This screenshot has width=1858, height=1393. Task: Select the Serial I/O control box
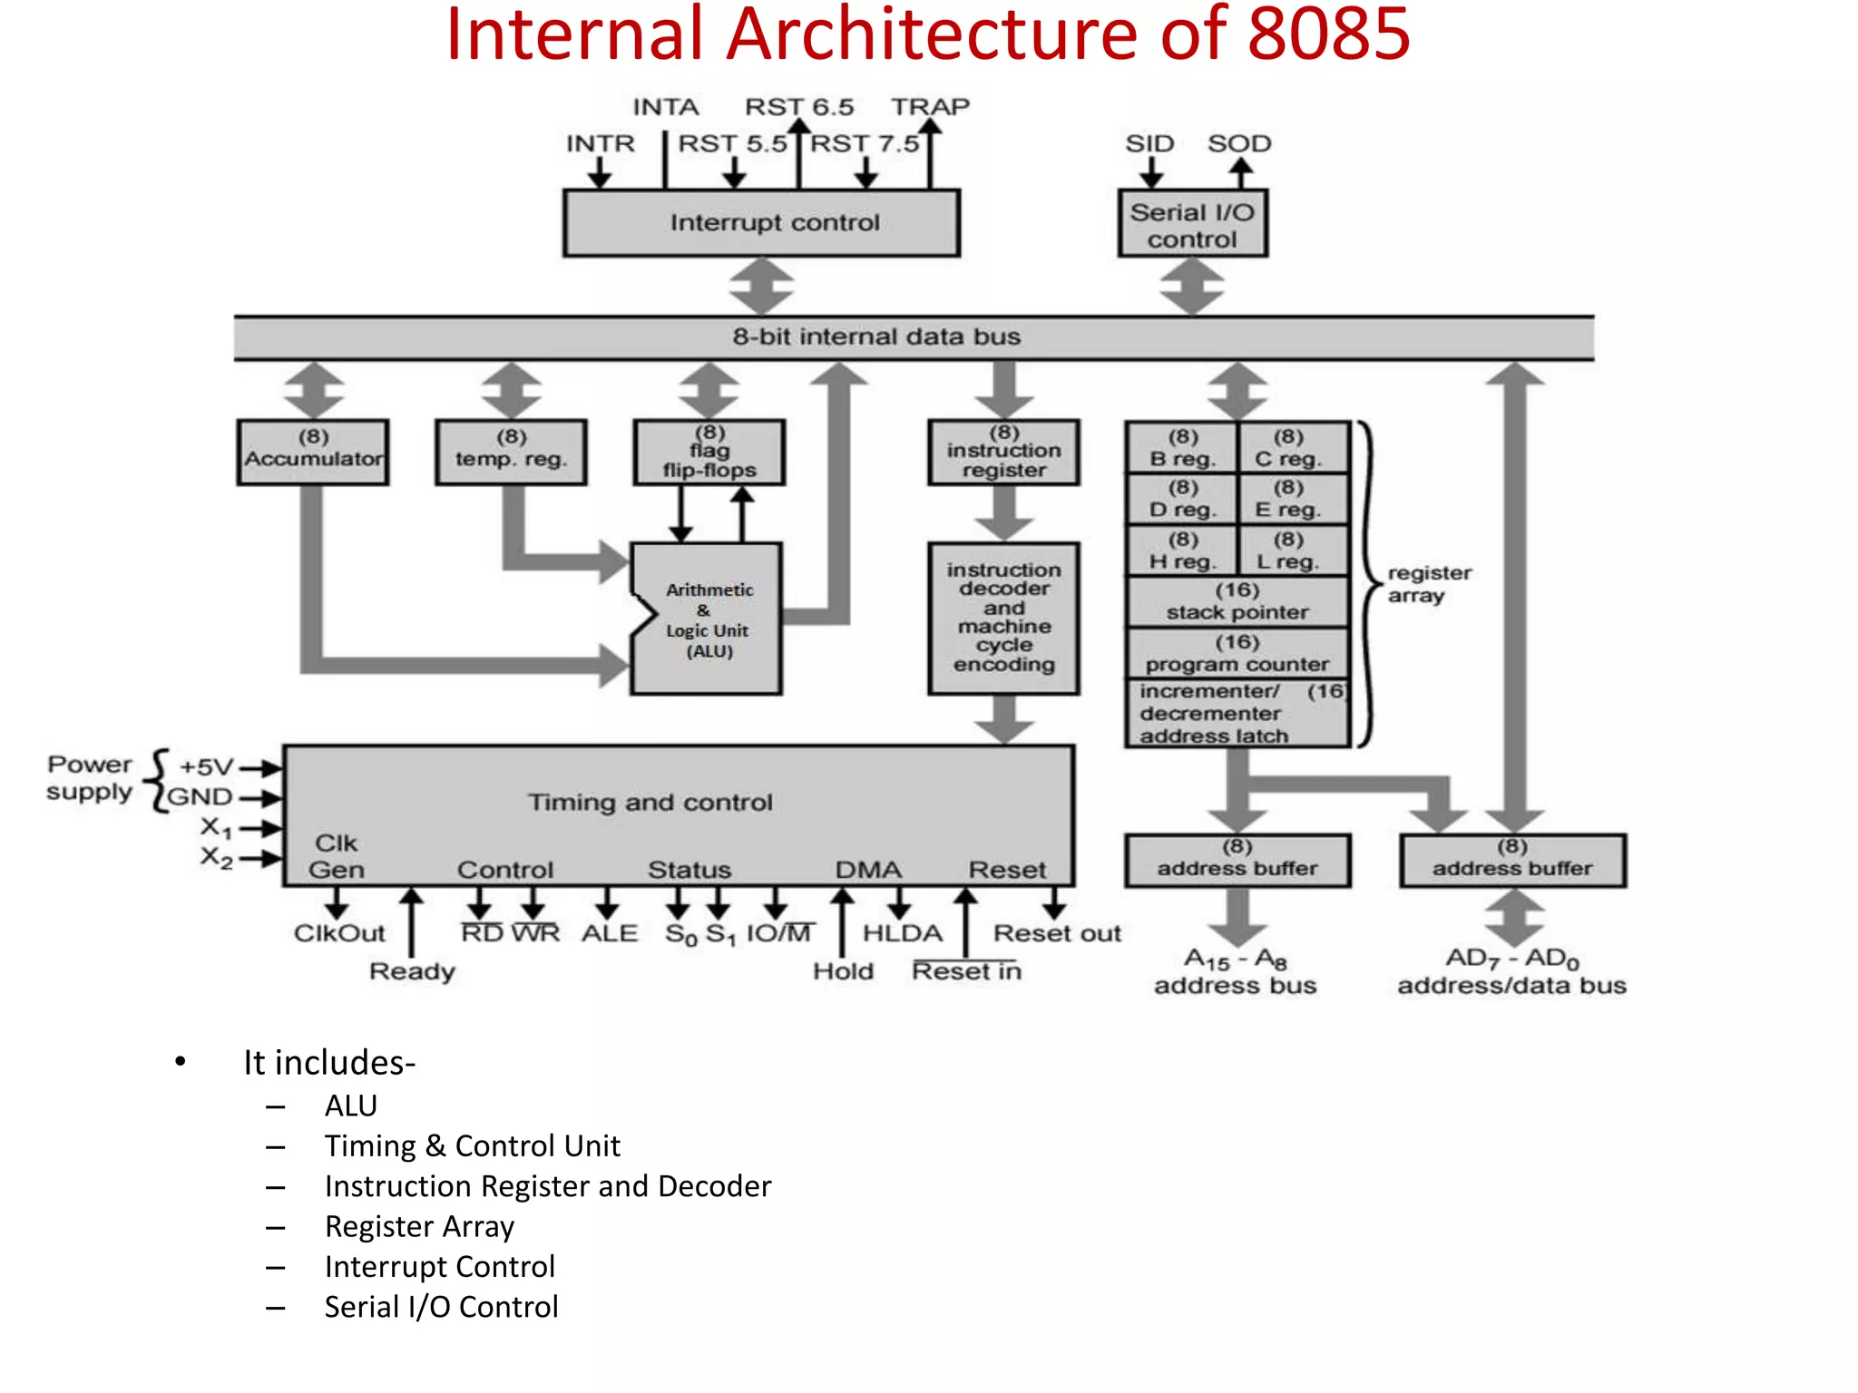(x=1192, y=225)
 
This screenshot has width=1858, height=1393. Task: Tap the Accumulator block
(x=313, y=452)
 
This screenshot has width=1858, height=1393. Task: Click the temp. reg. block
(x=511, y=452)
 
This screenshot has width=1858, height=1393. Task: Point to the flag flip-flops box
(x=709, y=452)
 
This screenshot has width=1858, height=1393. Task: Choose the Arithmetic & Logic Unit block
(x=709, y=620)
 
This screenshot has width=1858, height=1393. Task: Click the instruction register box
(x=1003, y=452)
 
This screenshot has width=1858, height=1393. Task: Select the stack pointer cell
(x=1237, y=602)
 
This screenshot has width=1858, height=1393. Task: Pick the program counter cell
(x=1237, y=654)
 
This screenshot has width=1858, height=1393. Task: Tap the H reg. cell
(x=1182, y=551)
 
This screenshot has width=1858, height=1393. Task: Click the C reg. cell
(x=1288, y=448)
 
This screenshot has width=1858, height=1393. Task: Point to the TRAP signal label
(x=930, y=107)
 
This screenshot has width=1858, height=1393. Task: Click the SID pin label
(x=1149, y=143)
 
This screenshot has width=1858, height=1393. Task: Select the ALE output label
(x=610, y=933)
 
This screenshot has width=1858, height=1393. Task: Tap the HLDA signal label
(x=902, y=933)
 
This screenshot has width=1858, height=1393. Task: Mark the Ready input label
(x=412, y=971)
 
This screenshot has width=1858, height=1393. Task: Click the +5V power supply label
(x=206, y=767)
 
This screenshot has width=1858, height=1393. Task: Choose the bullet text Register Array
(x=419, y=1226)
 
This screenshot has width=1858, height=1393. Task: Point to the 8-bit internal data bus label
(x=876, y=337)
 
